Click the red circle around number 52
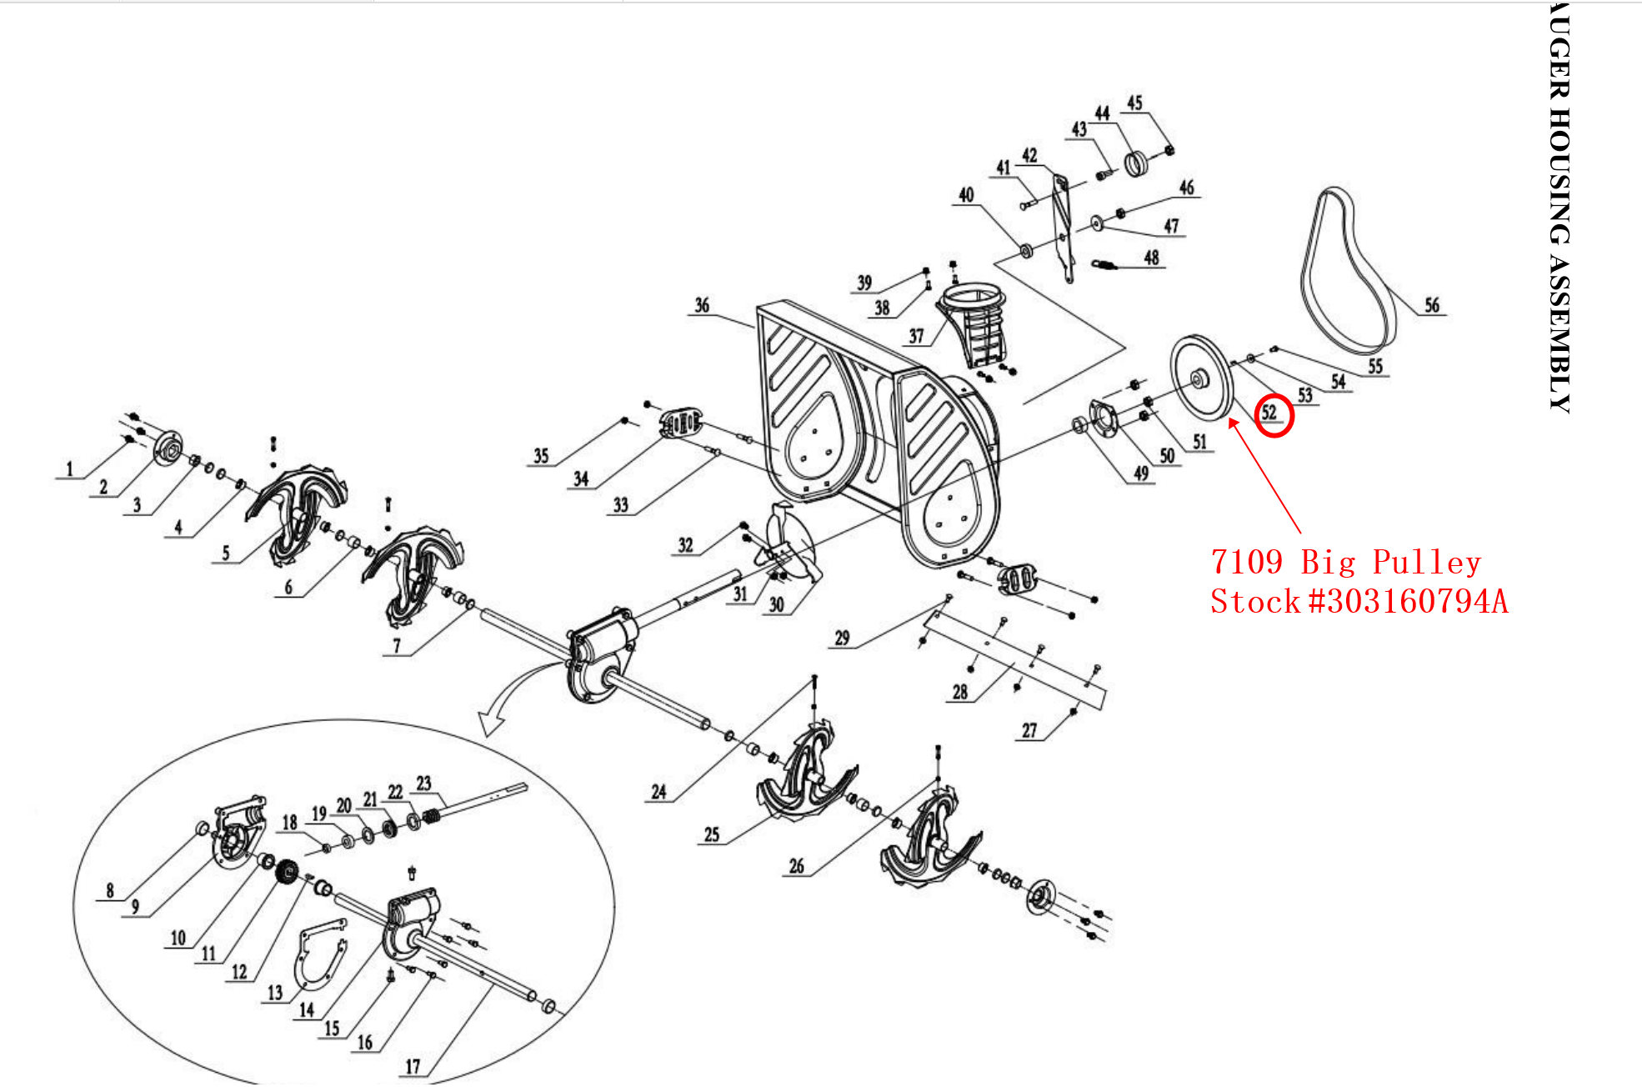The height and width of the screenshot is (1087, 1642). pyautogui.click(x=1274, y=415)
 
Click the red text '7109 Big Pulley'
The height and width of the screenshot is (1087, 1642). pyautogui.click(x=1345, y=563)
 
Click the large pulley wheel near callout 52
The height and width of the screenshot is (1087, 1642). pyautogui.click(x=1201, y=379)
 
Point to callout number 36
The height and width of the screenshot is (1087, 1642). pyautogui.click(x=702, y=305)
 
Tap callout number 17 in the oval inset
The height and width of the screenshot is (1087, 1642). pyautogui.click(x=413, y=1066)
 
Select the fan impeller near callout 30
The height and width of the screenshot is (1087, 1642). pyautogui.click(x=790, y=546)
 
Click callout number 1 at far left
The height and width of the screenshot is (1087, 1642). pyautogui.click(x=70, y=469)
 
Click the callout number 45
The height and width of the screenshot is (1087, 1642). pyautogui.click(x=1134, y=103)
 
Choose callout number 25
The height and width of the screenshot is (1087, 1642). pyautogui.click(x=711, y=834)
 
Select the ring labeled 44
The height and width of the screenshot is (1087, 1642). pyautogui.click(x=1136, y=163)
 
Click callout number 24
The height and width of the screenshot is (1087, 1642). pyautogui.click(x=658, y=791)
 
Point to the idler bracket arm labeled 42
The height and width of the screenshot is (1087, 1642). pyautogui.click(x=1061, y=225)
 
